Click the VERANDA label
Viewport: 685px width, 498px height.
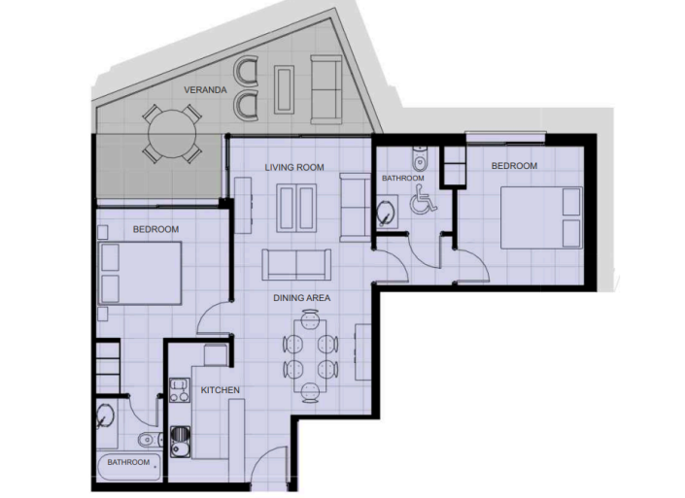click(205, 90)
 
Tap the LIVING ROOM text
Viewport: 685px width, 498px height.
click(293, 168)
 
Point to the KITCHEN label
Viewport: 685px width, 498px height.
click(221, 390)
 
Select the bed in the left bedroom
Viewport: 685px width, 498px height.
click(143, 274)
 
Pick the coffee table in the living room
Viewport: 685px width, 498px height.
click(295, 206)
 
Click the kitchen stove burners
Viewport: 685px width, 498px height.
click(179, 390)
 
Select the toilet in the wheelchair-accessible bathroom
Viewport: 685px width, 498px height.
click(419, 159)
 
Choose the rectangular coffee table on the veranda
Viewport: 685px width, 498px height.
click(287, 89)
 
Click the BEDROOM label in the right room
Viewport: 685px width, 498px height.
click(514, 166)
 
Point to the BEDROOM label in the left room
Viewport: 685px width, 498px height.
click(155, 229)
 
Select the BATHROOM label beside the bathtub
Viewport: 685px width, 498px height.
click(128, 462)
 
